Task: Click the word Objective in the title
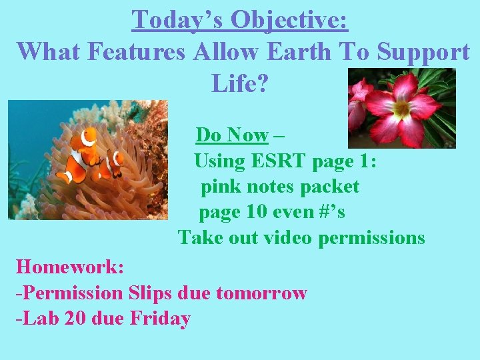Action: (x=289, y=20)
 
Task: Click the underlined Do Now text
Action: (x=232, y=135)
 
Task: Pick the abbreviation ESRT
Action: (x=275, y=161)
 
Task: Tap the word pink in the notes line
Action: (x=221, y=187)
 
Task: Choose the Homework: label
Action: (x=70, y=267)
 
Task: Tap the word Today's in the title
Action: (x=177, y=20)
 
